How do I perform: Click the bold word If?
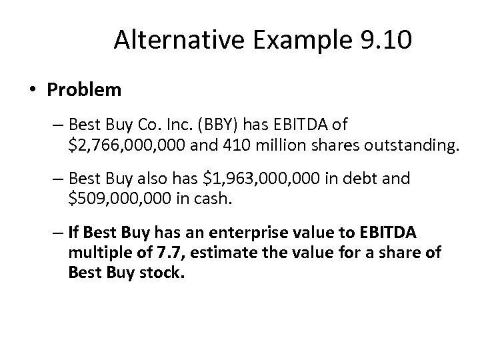(73, 233)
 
